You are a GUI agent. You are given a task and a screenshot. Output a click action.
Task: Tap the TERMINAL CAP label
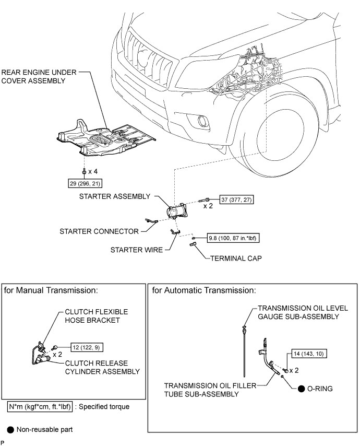point(233,258)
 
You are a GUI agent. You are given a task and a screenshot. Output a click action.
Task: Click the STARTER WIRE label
point(137,250)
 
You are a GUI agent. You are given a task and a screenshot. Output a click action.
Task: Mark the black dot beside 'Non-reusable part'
point(10,430)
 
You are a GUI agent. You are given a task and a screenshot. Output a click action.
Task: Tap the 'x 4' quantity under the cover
point(95,171)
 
